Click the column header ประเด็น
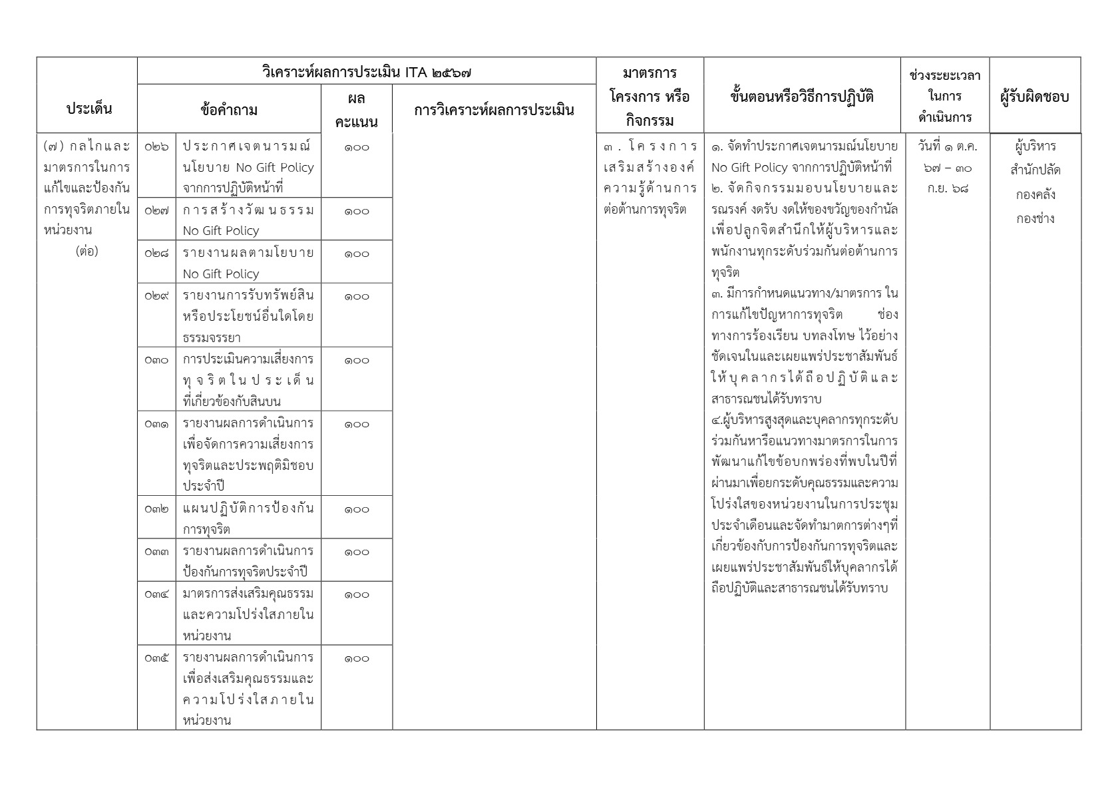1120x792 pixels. point(89,108)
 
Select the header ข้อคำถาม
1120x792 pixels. point(229,110)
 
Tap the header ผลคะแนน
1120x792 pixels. point(357,110)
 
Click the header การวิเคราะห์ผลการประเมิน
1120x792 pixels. point(494,110)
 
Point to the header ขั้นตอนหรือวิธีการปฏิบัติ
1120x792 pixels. point(802,97)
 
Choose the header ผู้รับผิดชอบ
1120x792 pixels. point(1034,97)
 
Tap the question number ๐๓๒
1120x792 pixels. point(156,509)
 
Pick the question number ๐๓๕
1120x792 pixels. point(156,658)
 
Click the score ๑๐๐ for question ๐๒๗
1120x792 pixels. point(357,211)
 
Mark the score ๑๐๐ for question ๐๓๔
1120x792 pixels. point(357,594)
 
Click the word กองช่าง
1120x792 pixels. point(1035,219)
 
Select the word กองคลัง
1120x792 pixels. point(1035,195)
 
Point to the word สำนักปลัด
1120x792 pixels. point(1035,170)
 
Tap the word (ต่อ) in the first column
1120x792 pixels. point(87,252)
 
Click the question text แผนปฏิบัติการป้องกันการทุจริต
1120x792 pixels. point(248,519)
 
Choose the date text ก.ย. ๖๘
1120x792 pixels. point(947,188)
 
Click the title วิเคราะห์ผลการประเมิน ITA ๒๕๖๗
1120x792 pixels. point(367,72)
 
